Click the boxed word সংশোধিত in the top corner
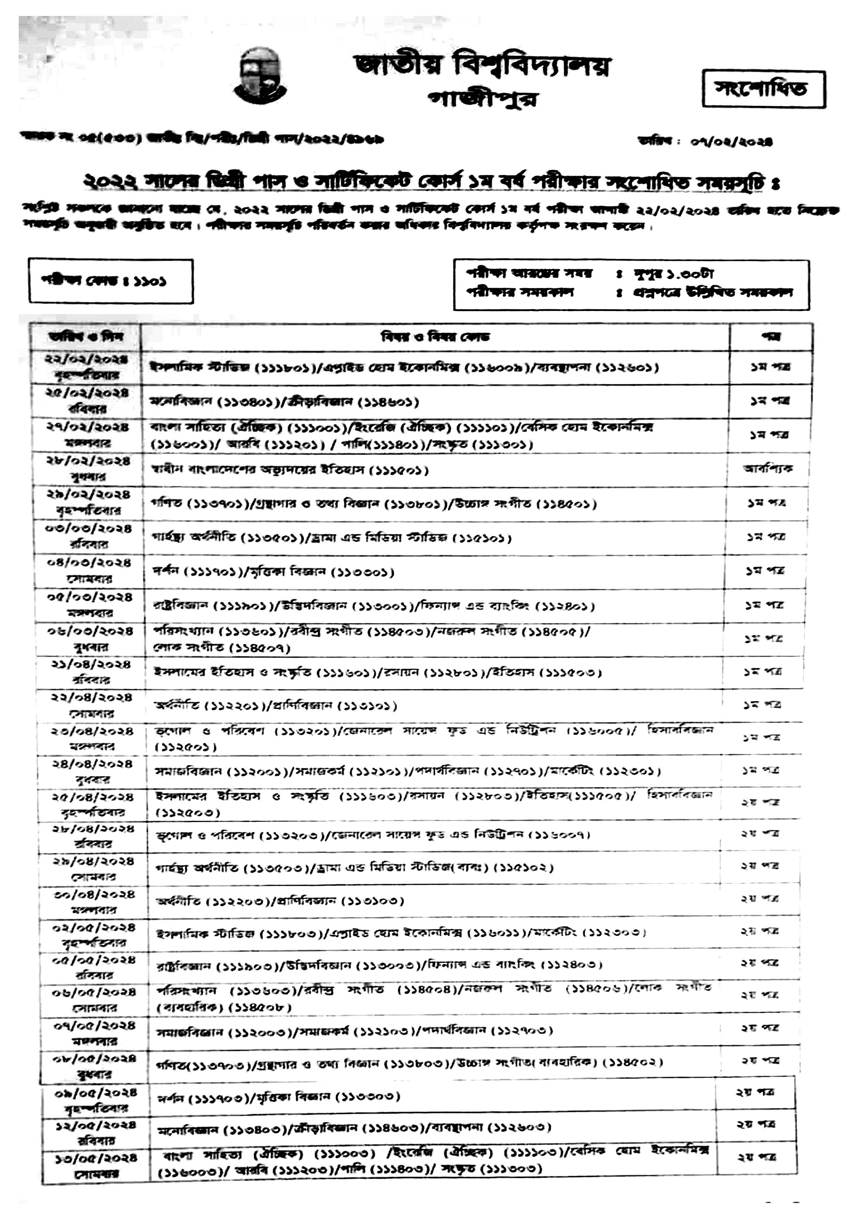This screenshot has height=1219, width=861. point(763,89)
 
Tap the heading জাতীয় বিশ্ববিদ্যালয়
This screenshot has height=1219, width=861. point(482,66)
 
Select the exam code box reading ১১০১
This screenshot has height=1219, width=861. point(111,281)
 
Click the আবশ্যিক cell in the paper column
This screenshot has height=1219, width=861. point(768,469)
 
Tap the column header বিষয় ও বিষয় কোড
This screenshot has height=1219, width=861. point(435,337)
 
